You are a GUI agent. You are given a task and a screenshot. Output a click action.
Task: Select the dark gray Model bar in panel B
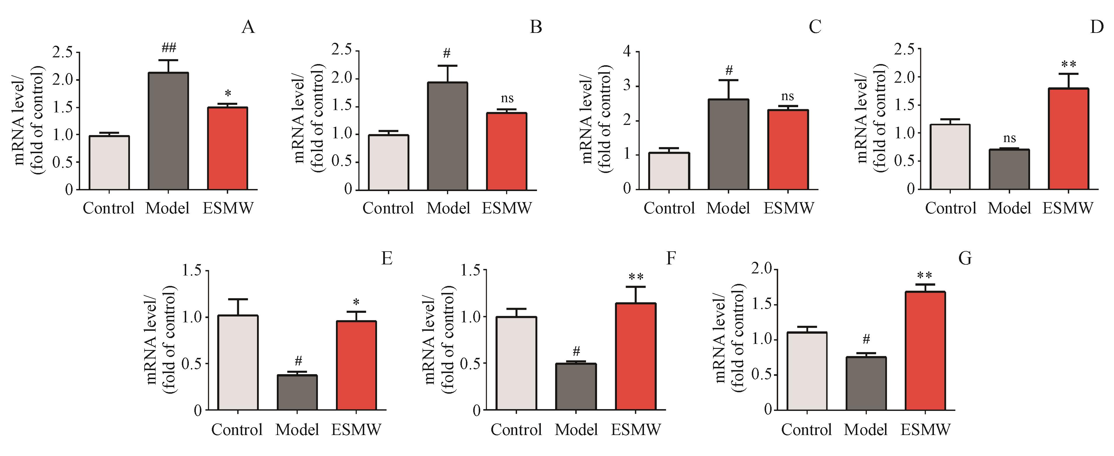(x=448, y=136)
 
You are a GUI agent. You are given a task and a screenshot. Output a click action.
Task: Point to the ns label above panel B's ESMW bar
(x=507, y=98)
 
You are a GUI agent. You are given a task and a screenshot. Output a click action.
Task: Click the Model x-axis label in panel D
(x=1009, y=208)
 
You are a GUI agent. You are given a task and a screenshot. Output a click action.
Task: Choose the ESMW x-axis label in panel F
(x=636, y=430)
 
